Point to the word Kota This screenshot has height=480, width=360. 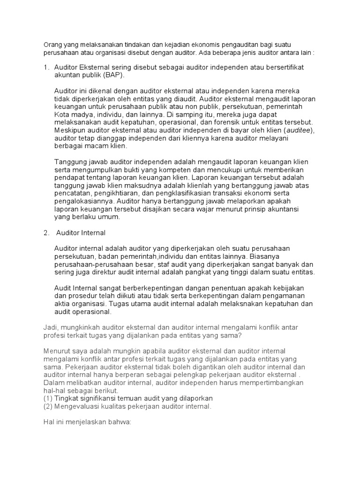(x=62, y=114)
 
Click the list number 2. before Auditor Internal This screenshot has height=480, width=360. (x=46, y=232)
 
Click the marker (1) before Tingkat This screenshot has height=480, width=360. (x=48, y=398)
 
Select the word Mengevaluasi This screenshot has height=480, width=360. (x=77, y=406)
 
